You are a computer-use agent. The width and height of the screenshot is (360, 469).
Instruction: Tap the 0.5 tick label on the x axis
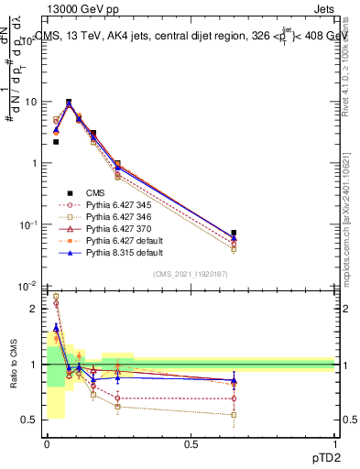(x=191, y=444)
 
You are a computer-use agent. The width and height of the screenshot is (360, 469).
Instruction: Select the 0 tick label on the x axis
(x=47, y=444)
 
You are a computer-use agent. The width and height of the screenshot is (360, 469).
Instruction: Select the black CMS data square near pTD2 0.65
(x=234, y=233)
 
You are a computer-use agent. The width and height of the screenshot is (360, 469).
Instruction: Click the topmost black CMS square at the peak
(x=69, y=103)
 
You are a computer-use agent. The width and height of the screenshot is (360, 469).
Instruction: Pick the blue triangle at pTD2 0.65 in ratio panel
(x=234, y=379)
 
